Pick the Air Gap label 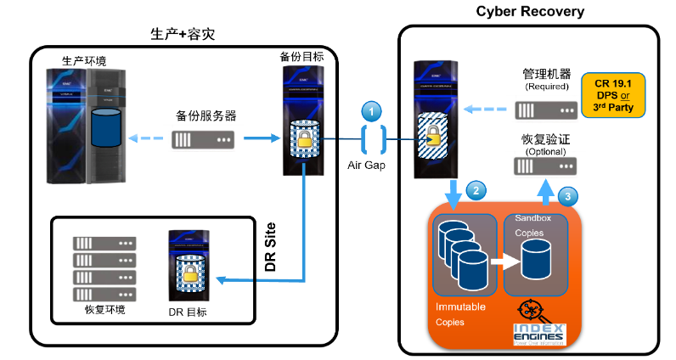pos(366,165)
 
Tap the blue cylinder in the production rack pos(105,127)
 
